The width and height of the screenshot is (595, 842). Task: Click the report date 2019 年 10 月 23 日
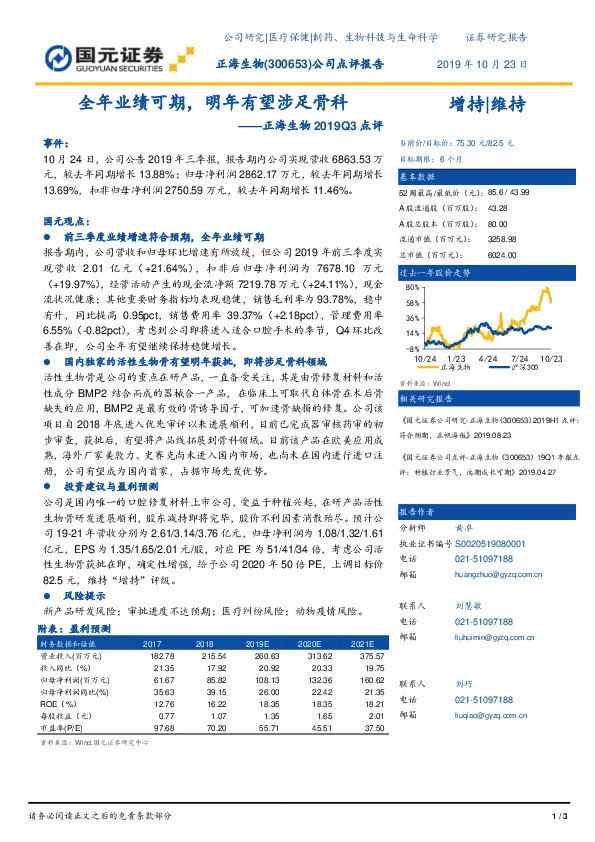pos(482,63)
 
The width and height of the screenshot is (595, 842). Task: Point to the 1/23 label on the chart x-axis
pos(458,357)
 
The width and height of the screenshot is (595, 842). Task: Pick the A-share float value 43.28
pos(498,208)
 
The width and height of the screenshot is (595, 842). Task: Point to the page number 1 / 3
pos(560,818)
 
